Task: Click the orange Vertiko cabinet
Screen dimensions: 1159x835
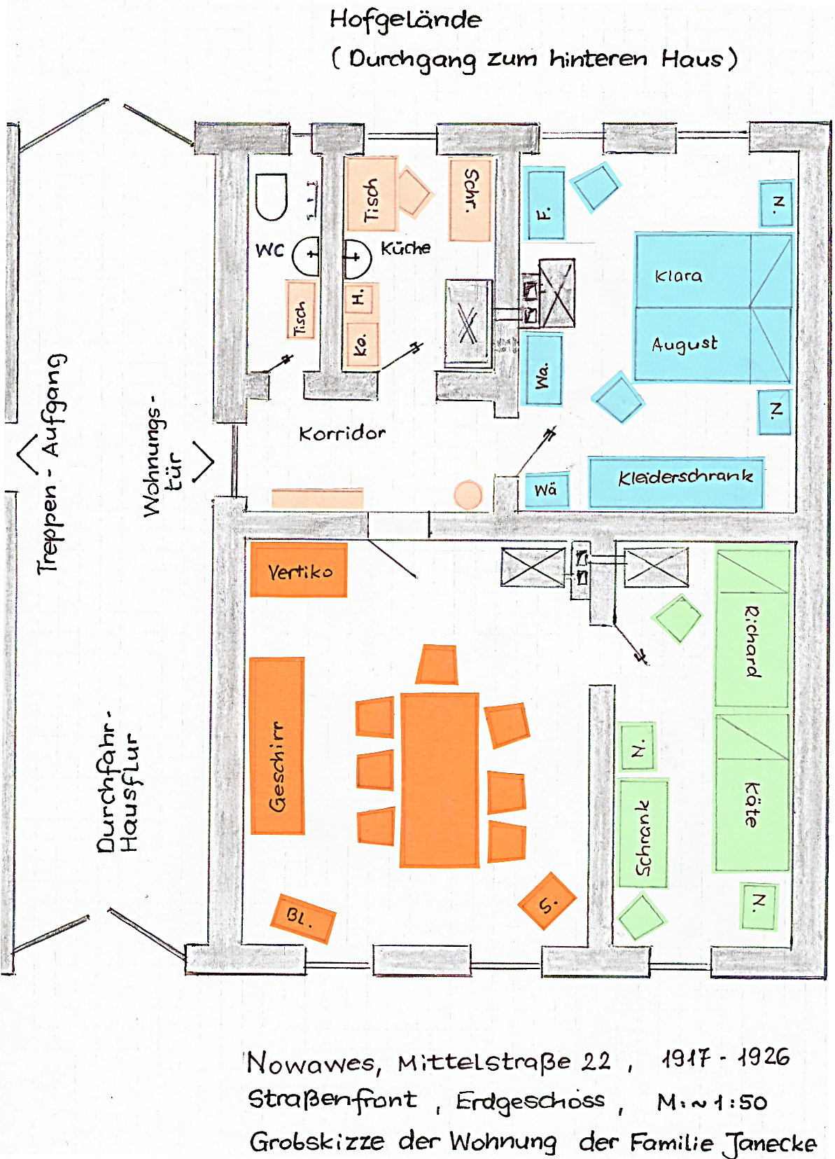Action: click(299, 570)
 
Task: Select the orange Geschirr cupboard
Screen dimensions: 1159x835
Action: click(277, 747)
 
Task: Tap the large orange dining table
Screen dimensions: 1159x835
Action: click(440, 779)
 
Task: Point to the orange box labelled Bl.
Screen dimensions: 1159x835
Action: click(302, 918)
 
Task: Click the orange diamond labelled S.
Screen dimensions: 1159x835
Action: click(547, 901)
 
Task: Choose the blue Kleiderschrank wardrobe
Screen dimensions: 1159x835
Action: click(676, 482)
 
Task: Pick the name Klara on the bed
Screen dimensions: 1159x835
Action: click(678, 275)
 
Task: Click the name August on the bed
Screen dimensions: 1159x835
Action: click(685, 344)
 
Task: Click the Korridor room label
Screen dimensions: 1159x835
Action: click(342, 433)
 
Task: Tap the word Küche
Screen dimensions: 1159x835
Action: click(406, 248)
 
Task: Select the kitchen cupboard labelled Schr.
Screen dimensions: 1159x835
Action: click(470, 198)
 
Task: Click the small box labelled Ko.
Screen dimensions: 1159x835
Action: click(361, 345)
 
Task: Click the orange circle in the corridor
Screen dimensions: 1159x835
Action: click(468, 494)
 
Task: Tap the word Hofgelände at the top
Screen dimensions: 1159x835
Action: click(406, 20)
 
